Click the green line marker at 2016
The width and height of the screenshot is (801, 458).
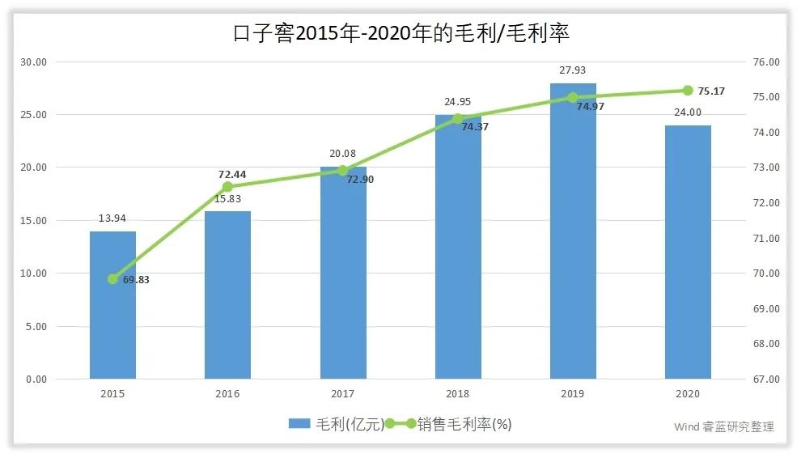coord(227,187)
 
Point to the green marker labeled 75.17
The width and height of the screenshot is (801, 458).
coord(688,91)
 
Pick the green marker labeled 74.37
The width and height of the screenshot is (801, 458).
coord(458,119)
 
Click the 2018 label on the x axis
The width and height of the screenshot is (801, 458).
coord(458,394)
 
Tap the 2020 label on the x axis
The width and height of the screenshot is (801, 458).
coord(688,394)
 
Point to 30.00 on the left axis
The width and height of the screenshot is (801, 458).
coord(35,61)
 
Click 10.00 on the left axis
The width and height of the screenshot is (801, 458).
coord(35,274)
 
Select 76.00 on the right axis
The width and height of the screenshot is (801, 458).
coord(765,61)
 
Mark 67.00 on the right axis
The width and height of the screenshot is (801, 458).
coord(765,380)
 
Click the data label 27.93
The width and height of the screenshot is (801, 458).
coord(573,71)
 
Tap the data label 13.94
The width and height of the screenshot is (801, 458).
coord(112,218)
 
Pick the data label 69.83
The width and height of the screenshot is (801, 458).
coord(136,280)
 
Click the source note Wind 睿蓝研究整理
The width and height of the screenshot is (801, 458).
coord(723,426)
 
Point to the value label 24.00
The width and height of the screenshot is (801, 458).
coord(688,112)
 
